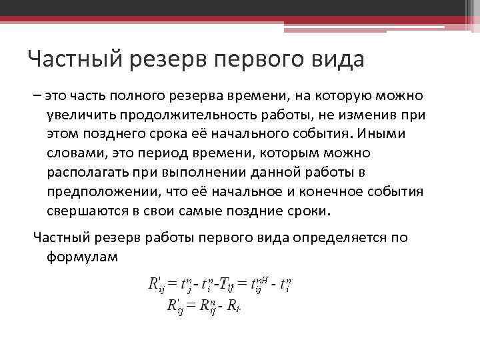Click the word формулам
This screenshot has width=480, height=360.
(x=82, y=257)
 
